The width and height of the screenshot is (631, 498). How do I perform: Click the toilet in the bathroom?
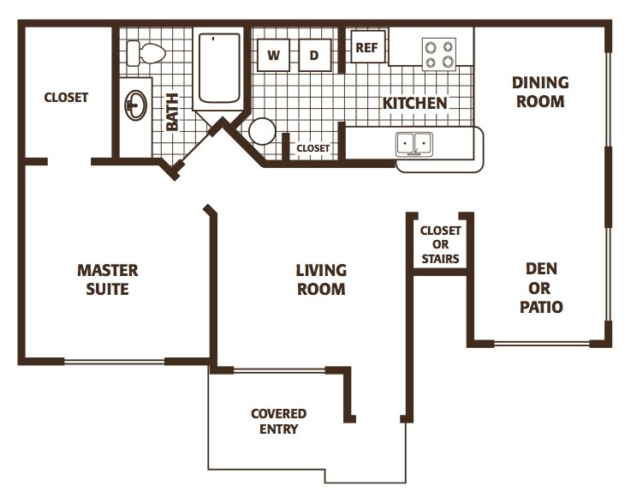[145, 54]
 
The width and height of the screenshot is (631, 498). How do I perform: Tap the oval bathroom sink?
[135, 105]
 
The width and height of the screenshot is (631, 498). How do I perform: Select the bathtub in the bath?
[219, 69]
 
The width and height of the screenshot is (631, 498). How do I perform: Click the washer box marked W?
[274, 56]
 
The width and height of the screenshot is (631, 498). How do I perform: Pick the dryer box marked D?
[314, 56]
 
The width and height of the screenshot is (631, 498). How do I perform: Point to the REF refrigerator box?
[367, 48]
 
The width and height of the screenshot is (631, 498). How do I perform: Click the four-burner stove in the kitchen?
[439, 55]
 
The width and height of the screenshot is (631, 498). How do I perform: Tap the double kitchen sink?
[414, 144]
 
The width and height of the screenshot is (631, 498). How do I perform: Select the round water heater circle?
[262, 131]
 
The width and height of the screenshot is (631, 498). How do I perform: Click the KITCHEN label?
[414, 103]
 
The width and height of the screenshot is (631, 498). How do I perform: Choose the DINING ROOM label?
[539, 92]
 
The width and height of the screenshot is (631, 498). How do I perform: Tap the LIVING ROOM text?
[321, 279]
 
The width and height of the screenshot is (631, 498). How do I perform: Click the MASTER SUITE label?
[107, 279]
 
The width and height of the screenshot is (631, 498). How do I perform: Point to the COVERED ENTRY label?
[278, 421]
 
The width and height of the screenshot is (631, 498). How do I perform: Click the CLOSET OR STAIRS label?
[440, 244]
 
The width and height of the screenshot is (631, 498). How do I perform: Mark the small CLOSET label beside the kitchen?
[313, 148]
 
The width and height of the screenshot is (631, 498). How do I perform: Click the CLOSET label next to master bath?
[66, 97]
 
